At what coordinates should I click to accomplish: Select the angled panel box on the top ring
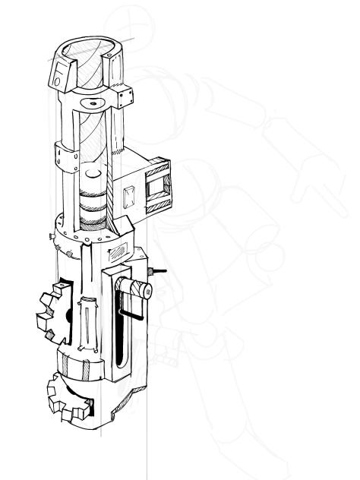60,74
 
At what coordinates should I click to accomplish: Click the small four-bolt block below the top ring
123,96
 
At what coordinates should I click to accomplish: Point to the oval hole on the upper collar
93,103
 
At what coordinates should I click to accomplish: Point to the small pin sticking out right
159,270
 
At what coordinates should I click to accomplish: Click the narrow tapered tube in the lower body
88,323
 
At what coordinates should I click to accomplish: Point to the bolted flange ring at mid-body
84,232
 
